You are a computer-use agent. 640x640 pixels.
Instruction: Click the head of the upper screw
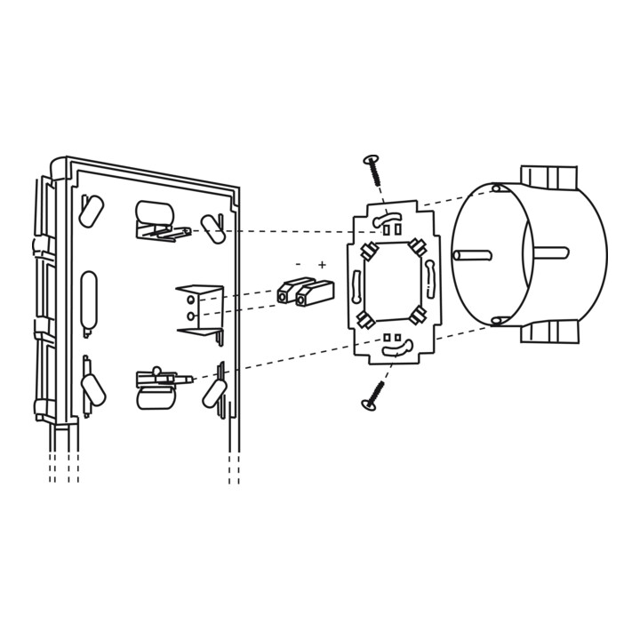click(371, 159)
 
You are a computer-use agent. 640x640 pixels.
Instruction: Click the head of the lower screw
click(369, 404)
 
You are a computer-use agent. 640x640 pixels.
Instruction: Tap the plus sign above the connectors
click(323, 265)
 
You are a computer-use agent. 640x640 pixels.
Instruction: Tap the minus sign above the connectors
click(299, 264)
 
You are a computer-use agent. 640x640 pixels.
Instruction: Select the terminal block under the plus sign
click(315, 293)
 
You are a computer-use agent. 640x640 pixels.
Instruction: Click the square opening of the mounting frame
click(392, 281)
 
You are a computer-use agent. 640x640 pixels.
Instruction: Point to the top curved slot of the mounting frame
click(387, 220)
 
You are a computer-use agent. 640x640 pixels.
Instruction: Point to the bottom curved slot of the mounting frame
click(397, 349)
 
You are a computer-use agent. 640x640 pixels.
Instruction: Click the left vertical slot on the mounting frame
click(356, 287)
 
